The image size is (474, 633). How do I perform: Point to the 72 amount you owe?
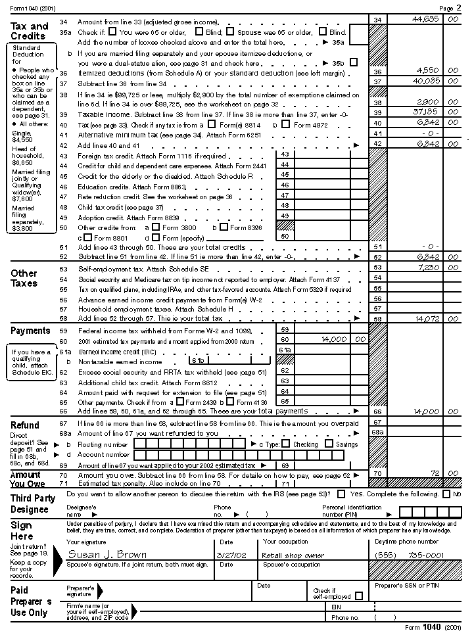433,473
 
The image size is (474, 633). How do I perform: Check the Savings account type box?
330,444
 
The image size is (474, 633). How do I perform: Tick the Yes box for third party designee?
342,494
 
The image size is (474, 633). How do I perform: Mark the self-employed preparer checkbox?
358,596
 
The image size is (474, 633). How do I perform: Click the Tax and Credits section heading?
30,31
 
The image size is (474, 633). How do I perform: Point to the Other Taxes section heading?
24,278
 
